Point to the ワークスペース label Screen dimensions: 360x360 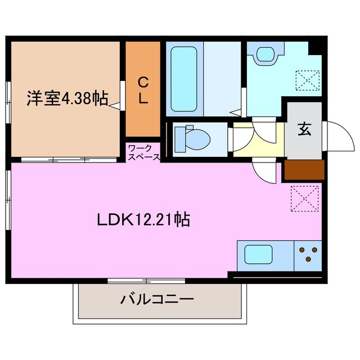pyautogui.click(x=143, y=152)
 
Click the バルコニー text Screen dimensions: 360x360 pyautogui.click(x=157, y=299)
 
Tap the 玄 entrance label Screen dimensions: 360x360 pyautogui.click(x=304, y=129)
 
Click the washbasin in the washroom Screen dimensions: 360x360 pyautogui.click(x=264, y=54)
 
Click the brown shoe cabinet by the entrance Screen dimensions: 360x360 pyautogui.click(x=304, y=170)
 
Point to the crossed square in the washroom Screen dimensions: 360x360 pyautogui.click(x=308, y=80)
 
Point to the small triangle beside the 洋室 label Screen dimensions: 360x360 pyautogui.click(x=115, y=105)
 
